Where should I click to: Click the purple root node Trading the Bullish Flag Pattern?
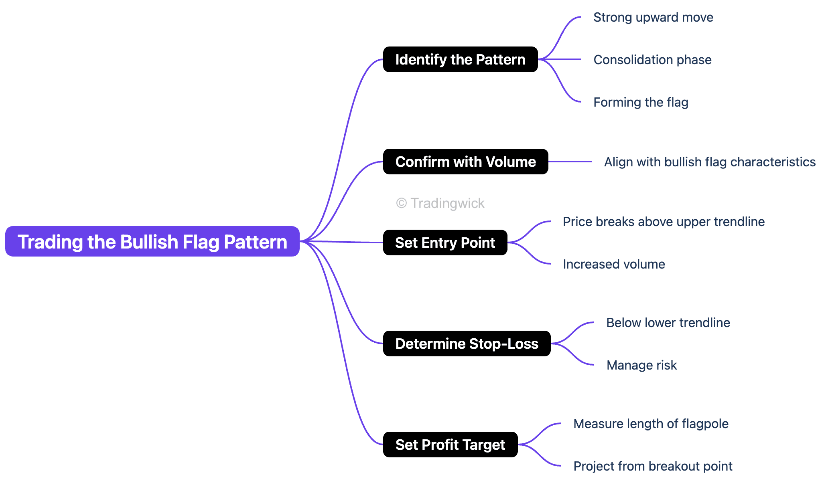(x=152, y=241)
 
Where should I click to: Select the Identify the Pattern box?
(x=460, y=59)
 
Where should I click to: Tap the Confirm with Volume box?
(x=465, y=162)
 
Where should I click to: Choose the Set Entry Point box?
(x=445, y=243)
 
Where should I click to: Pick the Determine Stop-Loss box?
(x=467, y=344)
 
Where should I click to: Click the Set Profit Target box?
(x=450, y=445)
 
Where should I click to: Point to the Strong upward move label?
(x=653, y=17)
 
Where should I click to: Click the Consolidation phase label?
(x=652, y=60)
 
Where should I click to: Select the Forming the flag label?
(x=641, y=102)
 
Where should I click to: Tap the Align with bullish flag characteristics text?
(x=710, y=162)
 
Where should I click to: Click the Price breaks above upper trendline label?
(x=664, y=222)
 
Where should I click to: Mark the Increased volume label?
(x=614, y=264)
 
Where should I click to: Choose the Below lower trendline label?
(x=668, y=323)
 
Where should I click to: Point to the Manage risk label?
(x=641, y=365)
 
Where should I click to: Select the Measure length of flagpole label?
(x=651, y=424)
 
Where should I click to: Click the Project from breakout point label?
(x=653, y=466)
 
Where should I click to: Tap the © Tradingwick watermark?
(x=440, y=203)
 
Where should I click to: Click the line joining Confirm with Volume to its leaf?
(x=570, y=162)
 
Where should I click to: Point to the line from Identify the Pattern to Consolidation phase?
(x=560, y=59)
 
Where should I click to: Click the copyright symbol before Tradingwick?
(x=401, y=203)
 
